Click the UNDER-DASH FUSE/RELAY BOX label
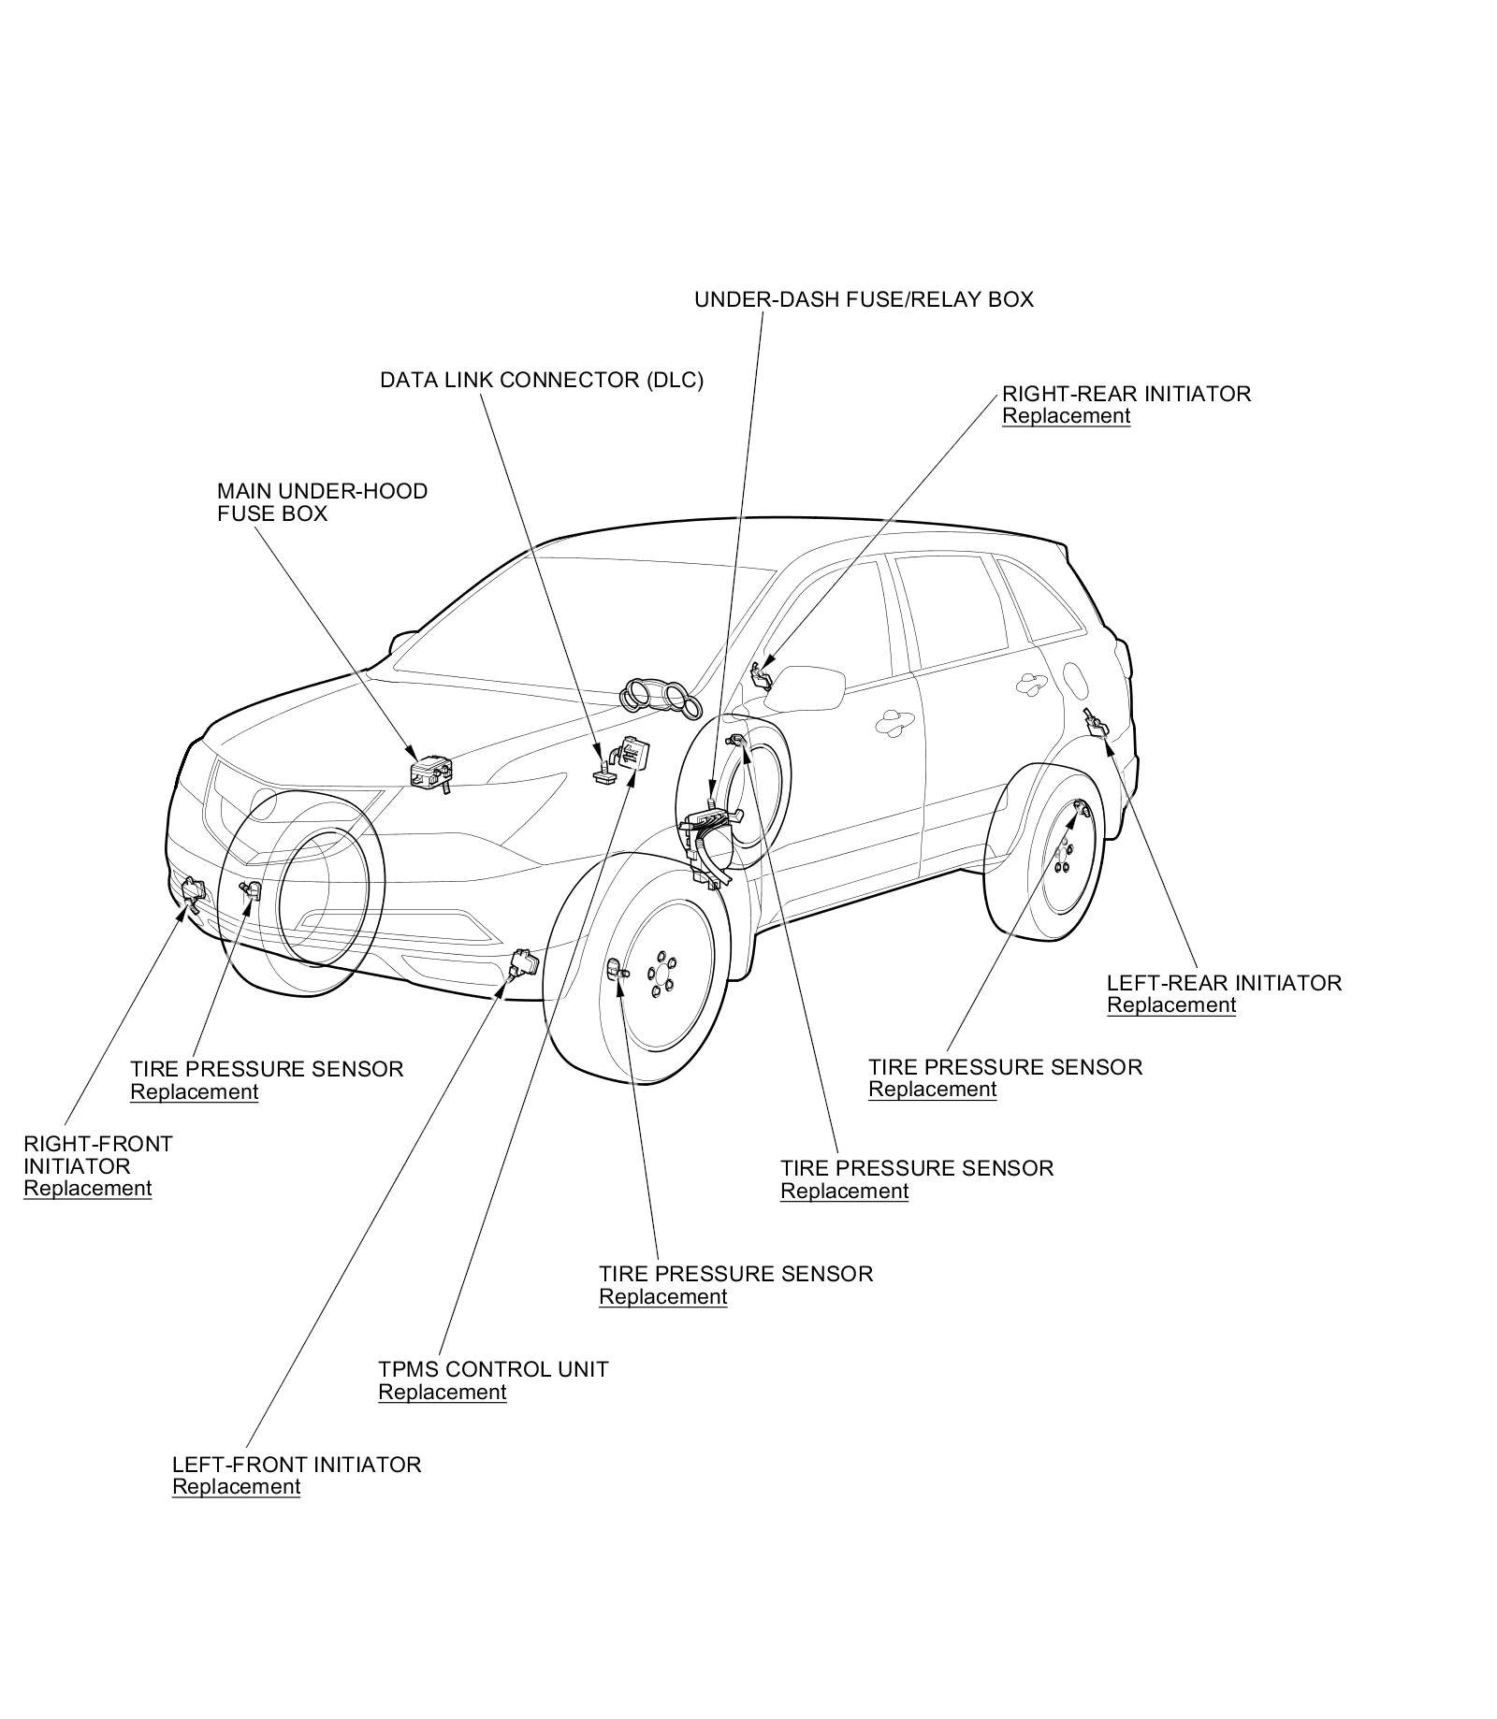[863, 299]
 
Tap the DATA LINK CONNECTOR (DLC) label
[541, 380]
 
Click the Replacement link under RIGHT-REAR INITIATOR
[1066, 416]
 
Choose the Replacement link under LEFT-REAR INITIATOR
[1170, 1005]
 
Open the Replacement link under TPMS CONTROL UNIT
[442, 1392]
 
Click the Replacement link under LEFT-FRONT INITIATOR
[236, 1487]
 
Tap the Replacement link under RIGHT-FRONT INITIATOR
[87, 1189]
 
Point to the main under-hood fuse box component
[431, 773]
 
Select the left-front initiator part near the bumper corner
[524, 961]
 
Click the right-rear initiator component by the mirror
[762, 675]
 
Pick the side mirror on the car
[806, 687]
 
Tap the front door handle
[893, 720]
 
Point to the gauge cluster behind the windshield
[659, 698]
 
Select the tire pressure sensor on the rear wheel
[1079, 808]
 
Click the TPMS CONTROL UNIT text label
[493, 1369]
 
